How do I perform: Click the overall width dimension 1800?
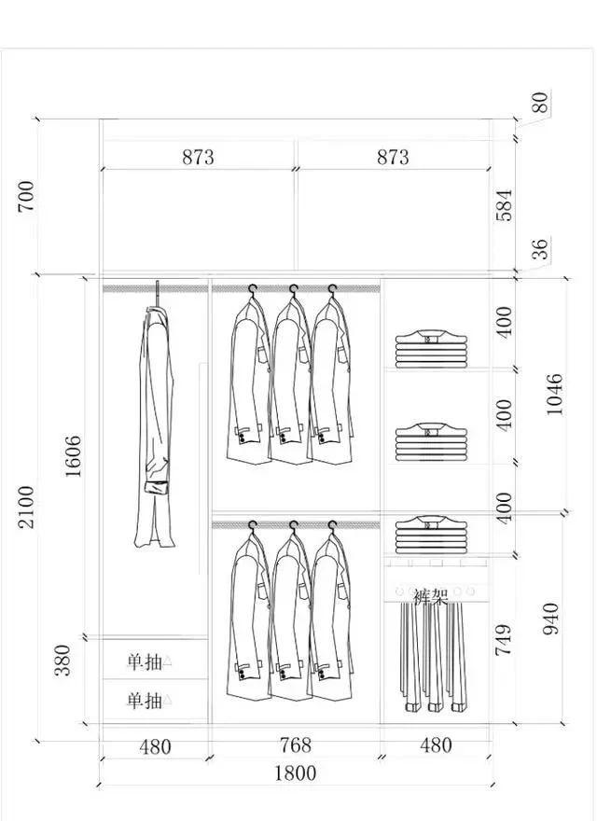coord(296,773)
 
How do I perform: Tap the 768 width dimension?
coord(296,745)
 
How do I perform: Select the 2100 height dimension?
coord(26,507)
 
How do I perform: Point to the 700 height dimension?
coord(26,196)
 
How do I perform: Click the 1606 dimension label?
coord(73,456)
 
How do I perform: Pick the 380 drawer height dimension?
coord(62,661)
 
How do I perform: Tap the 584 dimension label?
coord(504,205)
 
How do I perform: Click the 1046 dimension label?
coord(554,395)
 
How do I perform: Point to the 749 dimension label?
coord(504,639)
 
